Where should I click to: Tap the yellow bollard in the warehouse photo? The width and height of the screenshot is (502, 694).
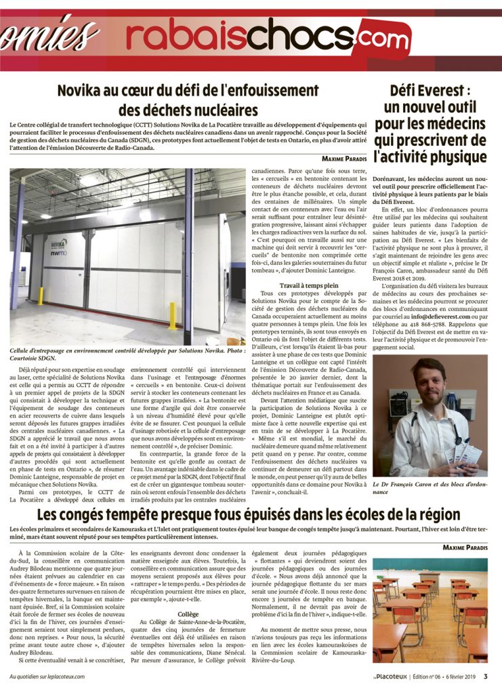click(x=173, y=315)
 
